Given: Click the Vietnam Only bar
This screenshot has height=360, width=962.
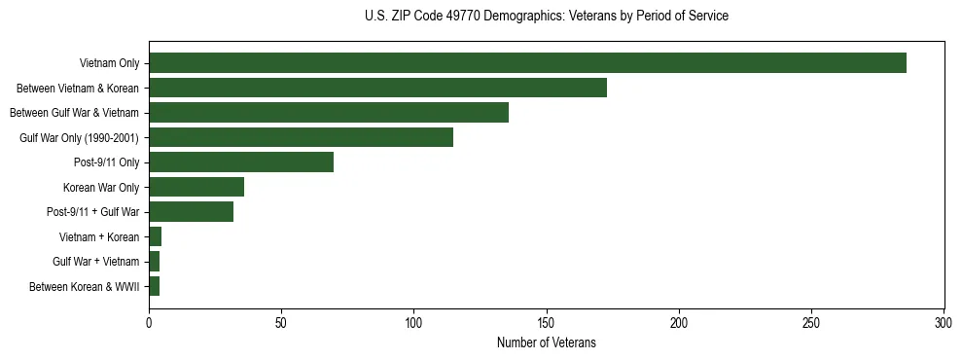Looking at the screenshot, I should point(527,63).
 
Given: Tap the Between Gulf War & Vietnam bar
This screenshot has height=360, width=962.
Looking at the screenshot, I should point(329,113).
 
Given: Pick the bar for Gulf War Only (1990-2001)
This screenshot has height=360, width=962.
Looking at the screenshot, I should point(301,137).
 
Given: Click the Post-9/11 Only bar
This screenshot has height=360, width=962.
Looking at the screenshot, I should point(241,162).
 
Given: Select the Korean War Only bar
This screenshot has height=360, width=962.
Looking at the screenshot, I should point(196,187).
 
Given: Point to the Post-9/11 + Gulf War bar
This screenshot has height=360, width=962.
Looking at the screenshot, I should point(191,212).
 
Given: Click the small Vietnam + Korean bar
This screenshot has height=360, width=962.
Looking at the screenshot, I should point(155,236).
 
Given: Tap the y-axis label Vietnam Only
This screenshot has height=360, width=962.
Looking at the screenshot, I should point(108,64).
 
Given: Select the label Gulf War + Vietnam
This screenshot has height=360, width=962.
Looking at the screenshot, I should point(96,262).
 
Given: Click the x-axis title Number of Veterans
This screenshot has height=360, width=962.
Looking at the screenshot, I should point(546,342).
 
